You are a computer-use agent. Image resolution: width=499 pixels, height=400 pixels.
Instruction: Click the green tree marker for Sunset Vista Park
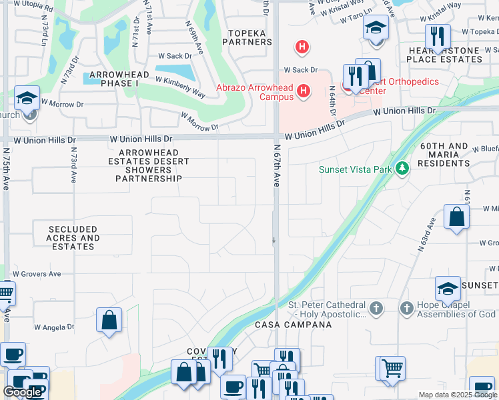click(402, 169)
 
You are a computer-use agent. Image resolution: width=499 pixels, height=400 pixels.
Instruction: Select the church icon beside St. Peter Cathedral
click(376, 308)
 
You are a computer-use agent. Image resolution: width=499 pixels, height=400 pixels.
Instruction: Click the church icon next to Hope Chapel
click(407, 308)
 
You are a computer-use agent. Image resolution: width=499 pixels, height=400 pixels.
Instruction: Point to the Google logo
click(22, 392)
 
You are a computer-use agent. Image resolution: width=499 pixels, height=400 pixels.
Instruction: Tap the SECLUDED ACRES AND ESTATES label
click(73, 238)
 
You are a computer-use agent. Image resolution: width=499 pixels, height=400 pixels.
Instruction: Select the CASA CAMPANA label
click(294, 325)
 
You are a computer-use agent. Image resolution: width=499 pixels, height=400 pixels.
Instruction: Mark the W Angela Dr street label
click(54, 327)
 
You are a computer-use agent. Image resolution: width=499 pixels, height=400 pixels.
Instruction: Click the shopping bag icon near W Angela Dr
click(109, 320)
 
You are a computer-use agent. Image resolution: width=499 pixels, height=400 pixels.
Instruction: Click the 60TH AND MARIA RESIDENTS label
click(445, 155)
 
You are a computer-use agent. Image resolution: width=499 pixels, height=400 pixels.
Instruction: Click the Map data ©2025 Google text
click(458, 395)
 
